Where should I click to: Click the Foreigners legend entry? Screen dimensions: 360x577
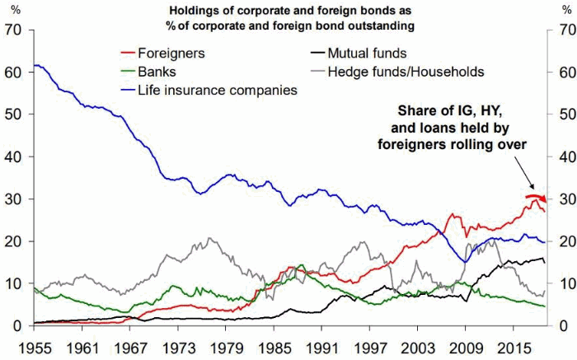(171, 54)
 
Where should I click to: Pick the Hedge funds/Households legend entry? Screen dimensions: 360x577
(405, 72)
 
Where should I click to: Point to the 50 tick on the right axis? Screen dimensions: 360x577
(565, 115)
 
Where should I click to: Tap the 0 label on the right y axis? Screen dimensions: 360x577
(561, 326)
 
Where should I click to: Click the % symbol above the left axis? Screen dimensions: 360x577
(12, 10)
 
